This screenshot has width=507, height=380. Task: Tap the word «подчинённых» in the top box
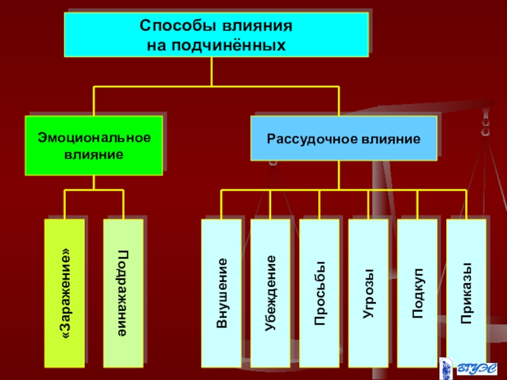[x=229, y=45]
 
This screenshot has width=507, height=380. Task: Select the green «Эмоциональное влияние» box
[x=94, y=146]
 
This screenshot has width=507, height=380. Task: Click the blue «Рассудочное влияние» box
[x=343, y=138]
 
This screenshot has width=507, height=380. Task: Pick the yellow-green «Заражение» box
[x=65, y=293]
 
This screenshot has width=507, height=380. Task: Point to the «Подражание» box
[x=123, y=293]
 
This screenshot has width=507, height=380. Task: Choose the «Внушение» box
[x=221, y=293]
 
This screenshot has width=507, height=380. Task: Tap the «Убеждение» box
[x=271, y=293]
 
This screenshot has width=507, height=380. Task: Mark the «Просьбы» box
[x=319, y=293]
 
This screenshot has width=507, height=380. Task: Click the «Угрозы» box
[x=368, y=293]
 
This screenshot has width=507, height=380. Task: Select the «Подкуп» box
[x=417, y=293]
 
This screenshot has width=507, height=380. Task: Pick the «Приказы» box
[x=466, y=293]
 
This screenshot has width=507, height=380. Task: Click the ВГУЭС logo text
[x=477, y=369]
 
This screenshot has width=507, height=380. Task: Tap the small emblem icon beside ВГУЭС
[x=446, y=369]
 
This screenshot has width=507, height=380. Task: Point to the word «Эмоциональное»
[x=94, y=137]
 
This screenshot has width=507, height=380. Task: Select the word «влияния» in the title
[x=257, y=26]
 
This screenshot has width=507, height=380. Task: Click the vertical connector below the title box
[x=212, y=72]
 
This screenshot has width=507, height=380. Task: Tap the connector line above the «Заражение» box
[x=65, y=205]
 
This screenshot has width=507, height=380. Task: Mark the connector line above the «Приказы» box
[x=466, y=205]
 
